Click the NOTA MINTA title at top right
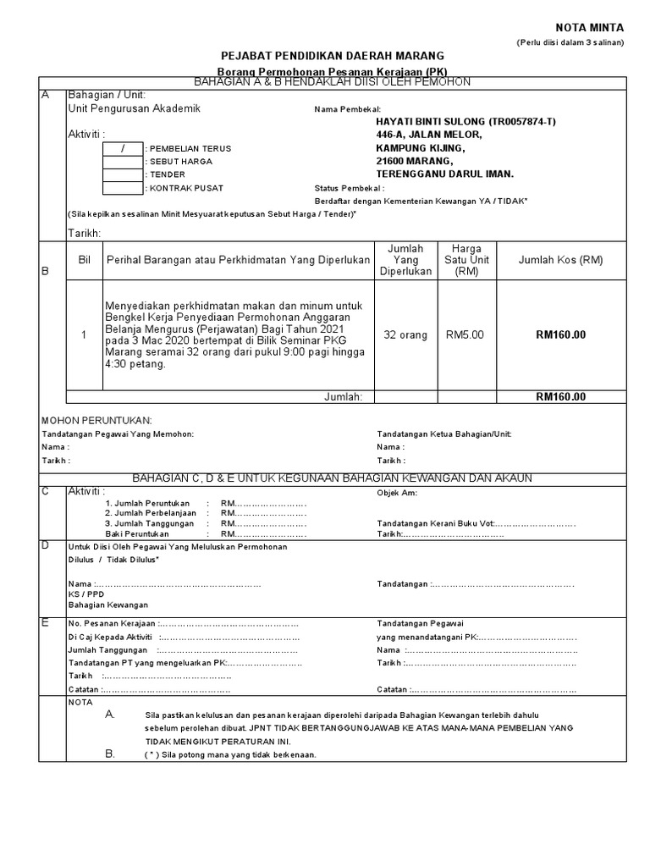click(x=589, y=27)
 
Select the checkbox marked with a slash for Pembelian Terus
click(x=122, y=149)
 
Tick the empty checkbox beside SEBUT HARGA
click(x=122, y=162)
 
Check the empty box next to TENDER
click(x=122, y=174)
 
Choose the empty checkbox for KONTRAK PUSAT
click(x=122, y=187)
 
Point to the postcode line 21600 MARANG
click(x=415, y=161)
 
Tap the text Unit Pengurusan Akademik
click(x=134, y=109)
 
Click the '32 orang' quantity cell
click(x=405, y=335)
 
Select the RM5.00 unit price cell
click(x=465, y=335)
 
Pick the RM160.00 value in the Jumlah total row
click(x=560, y=396)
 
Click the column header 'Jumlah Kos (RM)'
click(x=560, y=260)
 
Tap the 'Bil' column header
click(x=84, y=260)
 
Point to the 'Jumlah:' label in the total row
click(x=344, y=396)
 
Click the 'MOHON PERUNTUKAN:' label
click(x=96, y=420)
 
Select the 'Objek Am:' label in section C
click(x=397, y=492)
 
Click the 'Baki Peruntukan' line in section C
click(x=137, y=534)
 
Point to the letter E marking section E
click(x=46, y=622)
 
